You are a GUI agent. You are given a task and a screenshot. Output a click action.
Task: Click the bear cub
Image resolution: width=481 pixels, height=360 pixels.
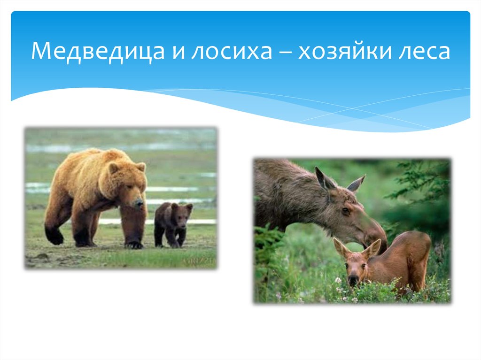pyautogui.click(x=172, y=223)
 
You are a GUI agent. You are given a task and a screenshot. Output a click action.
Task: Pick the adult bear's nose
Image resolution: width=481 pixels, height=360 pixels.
pyautogui.click(x=139, y=204)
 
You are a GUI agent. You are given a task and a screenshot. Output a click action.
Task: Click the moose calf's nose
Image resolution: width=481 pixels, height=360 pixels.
pyautogui.click(x=353, y=280)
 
